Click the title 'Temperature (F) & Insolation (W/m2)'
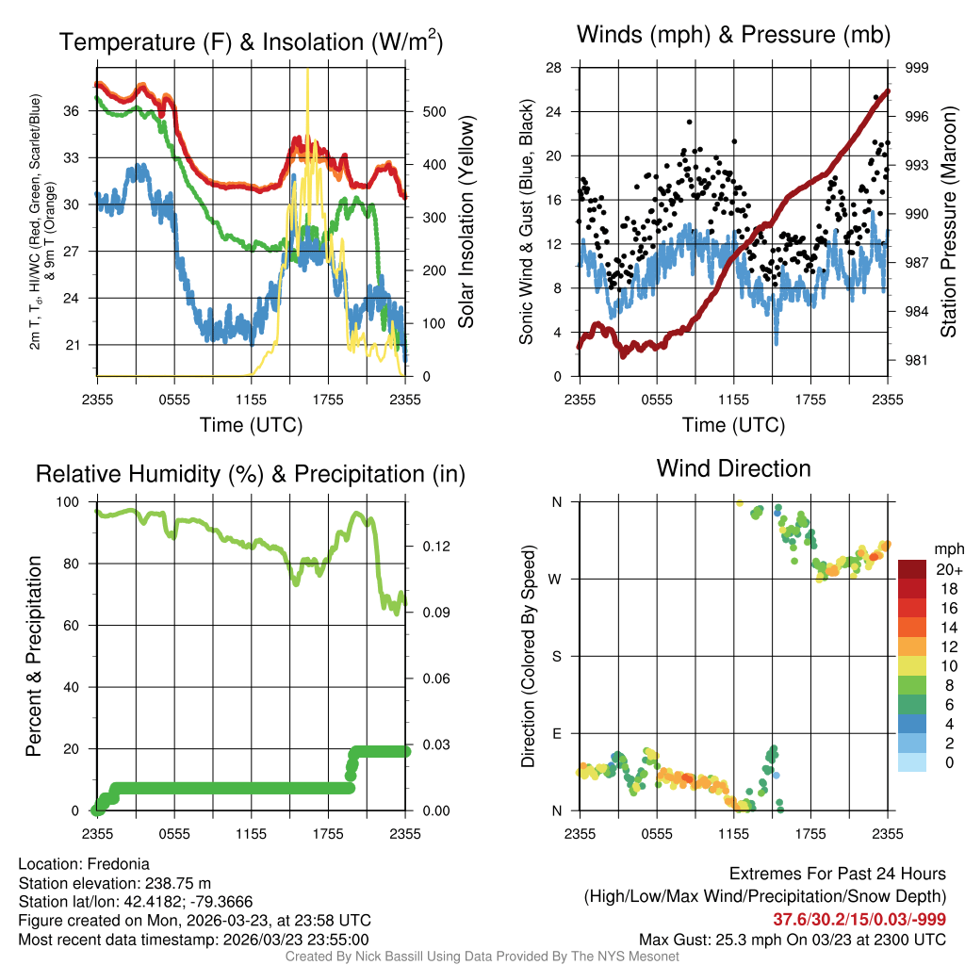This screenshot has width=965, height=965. pos(251,42)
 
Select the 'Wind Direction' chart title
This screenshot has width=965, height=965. pos(733,468)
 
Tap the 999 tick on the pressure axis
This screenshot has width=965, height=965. pos(917,68)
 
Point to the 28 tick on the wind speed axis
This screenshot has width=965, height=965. pos(554,68)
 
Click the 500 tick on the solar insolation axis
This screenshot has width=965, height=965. pos(433,111)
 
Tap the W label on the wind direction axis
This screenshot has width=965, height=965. pos(557,579)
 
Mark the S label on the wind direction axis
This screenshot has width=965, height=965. pos(557,656)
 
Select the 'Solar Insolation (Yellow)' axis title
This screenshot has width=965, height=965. pos(466,222)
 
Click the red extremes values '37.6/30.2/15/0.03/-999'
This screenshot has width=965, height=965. pos(859,919)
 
